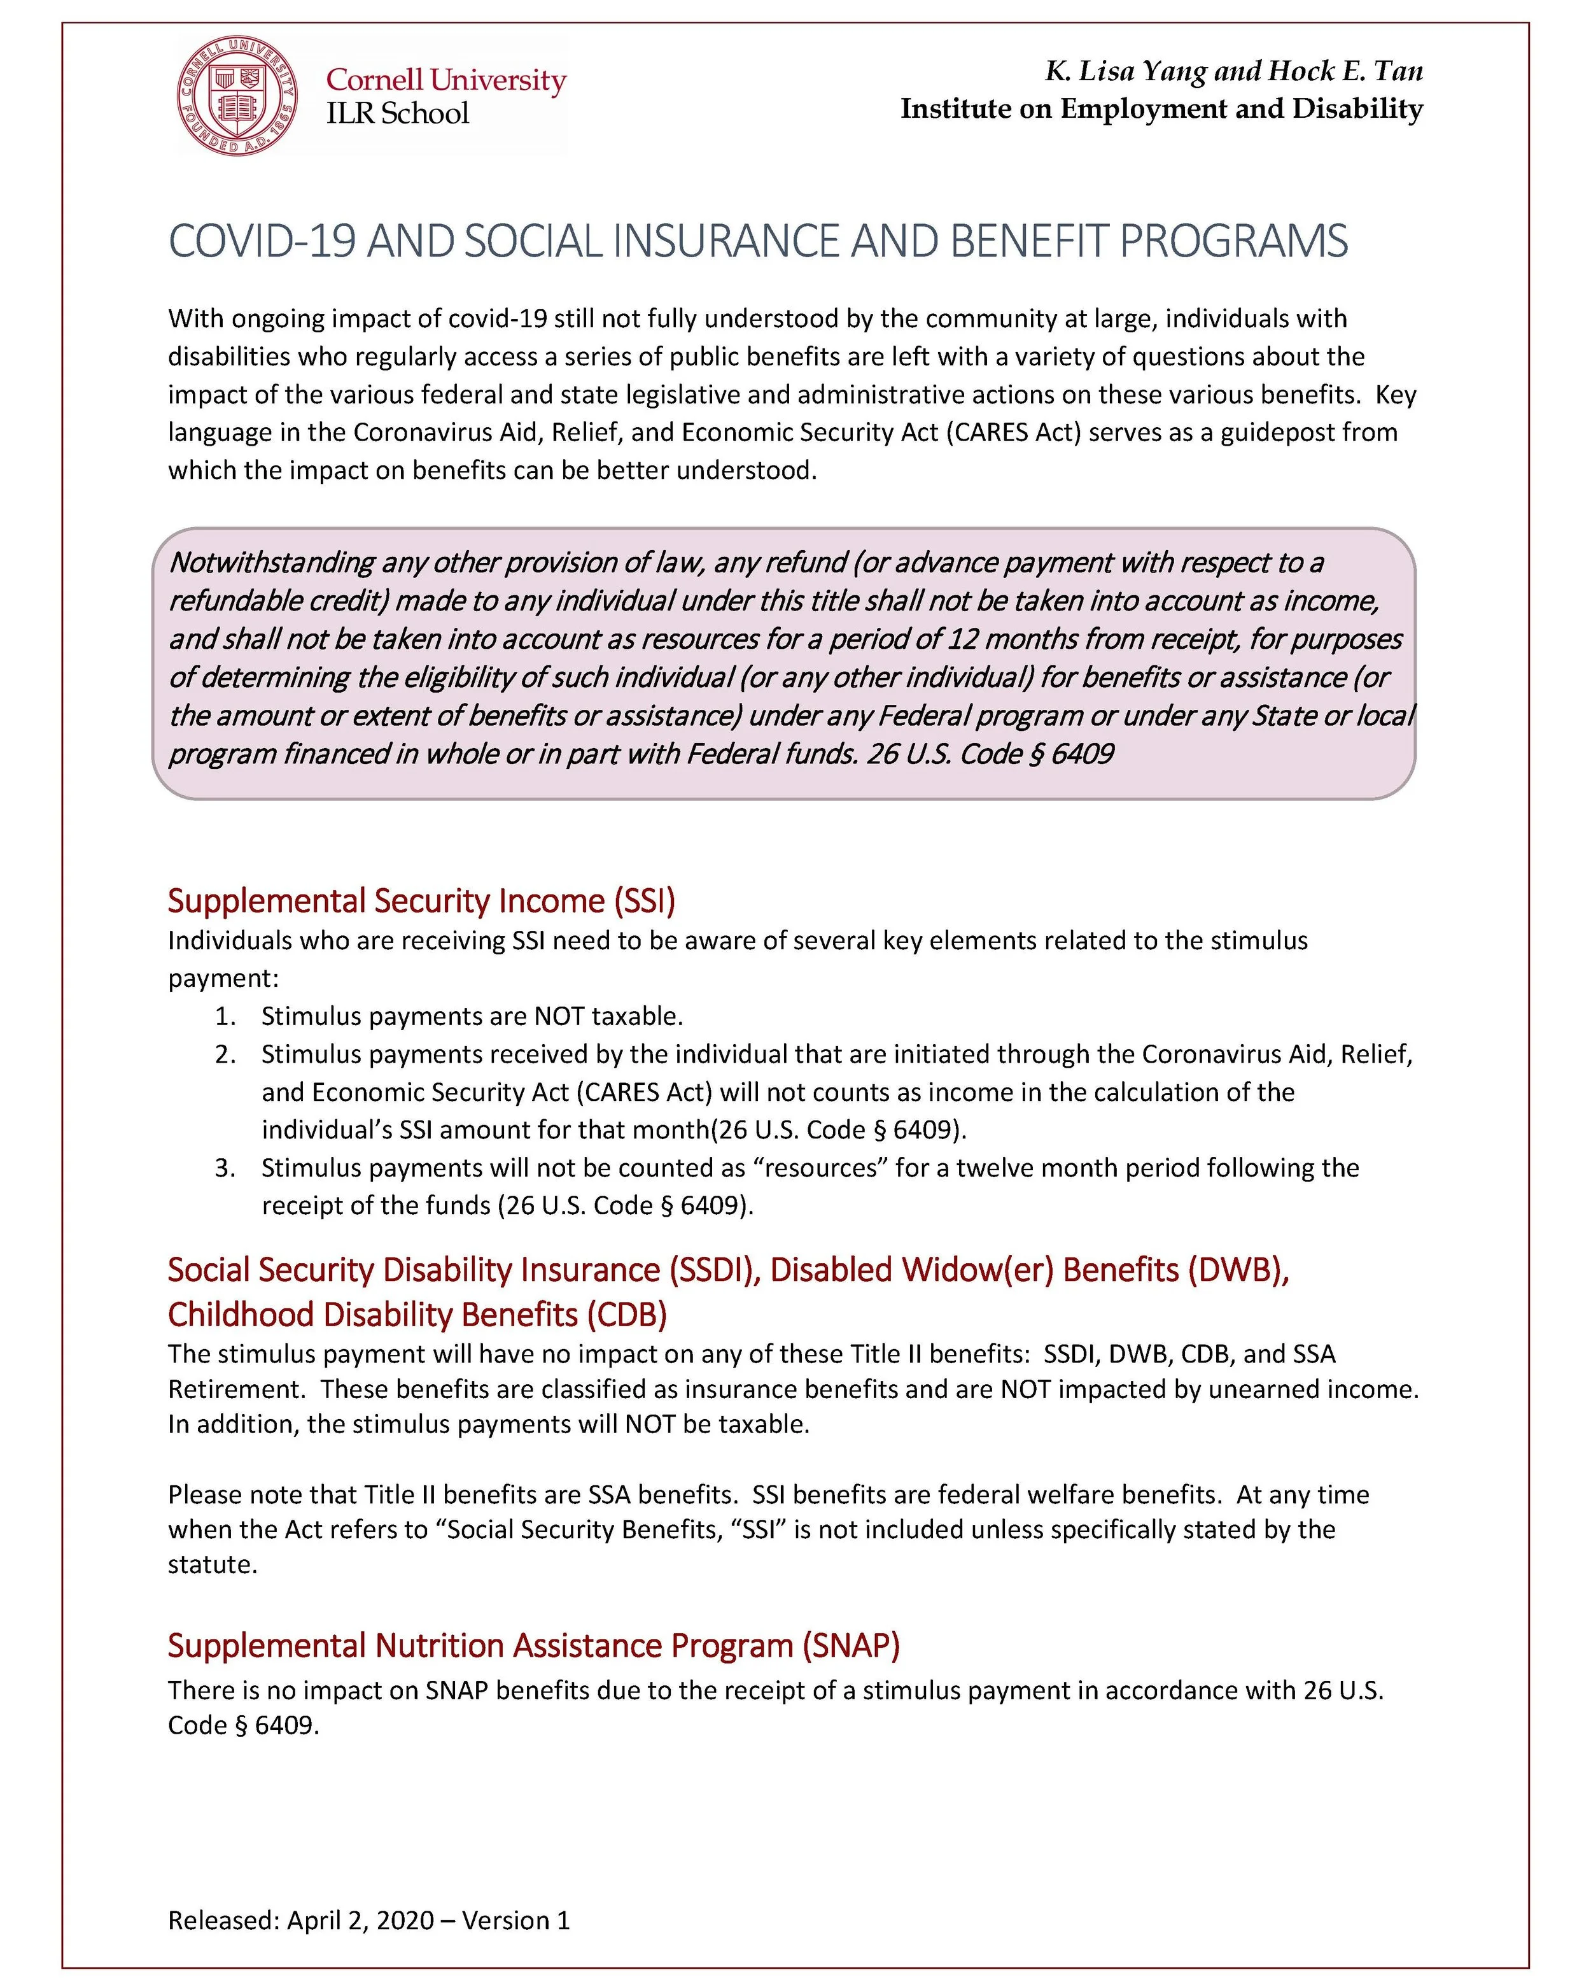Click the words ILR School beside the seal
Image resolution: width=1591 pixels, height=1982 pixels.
coord(397,113)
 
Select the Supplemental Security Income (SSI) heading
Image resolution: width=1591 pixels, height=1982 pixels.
coord(421,900)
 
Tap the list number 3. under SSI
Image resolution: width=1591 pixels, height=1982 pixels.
coord(226,1168)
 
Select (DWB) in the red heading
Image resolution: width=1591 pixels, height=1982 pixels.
coord(1238,1270)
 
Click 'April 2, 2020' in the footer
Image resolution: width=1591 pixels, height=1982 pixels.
coord(360,1920)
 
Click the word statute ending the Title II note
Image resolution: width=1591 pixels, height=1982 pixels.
coord(211,1564)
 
